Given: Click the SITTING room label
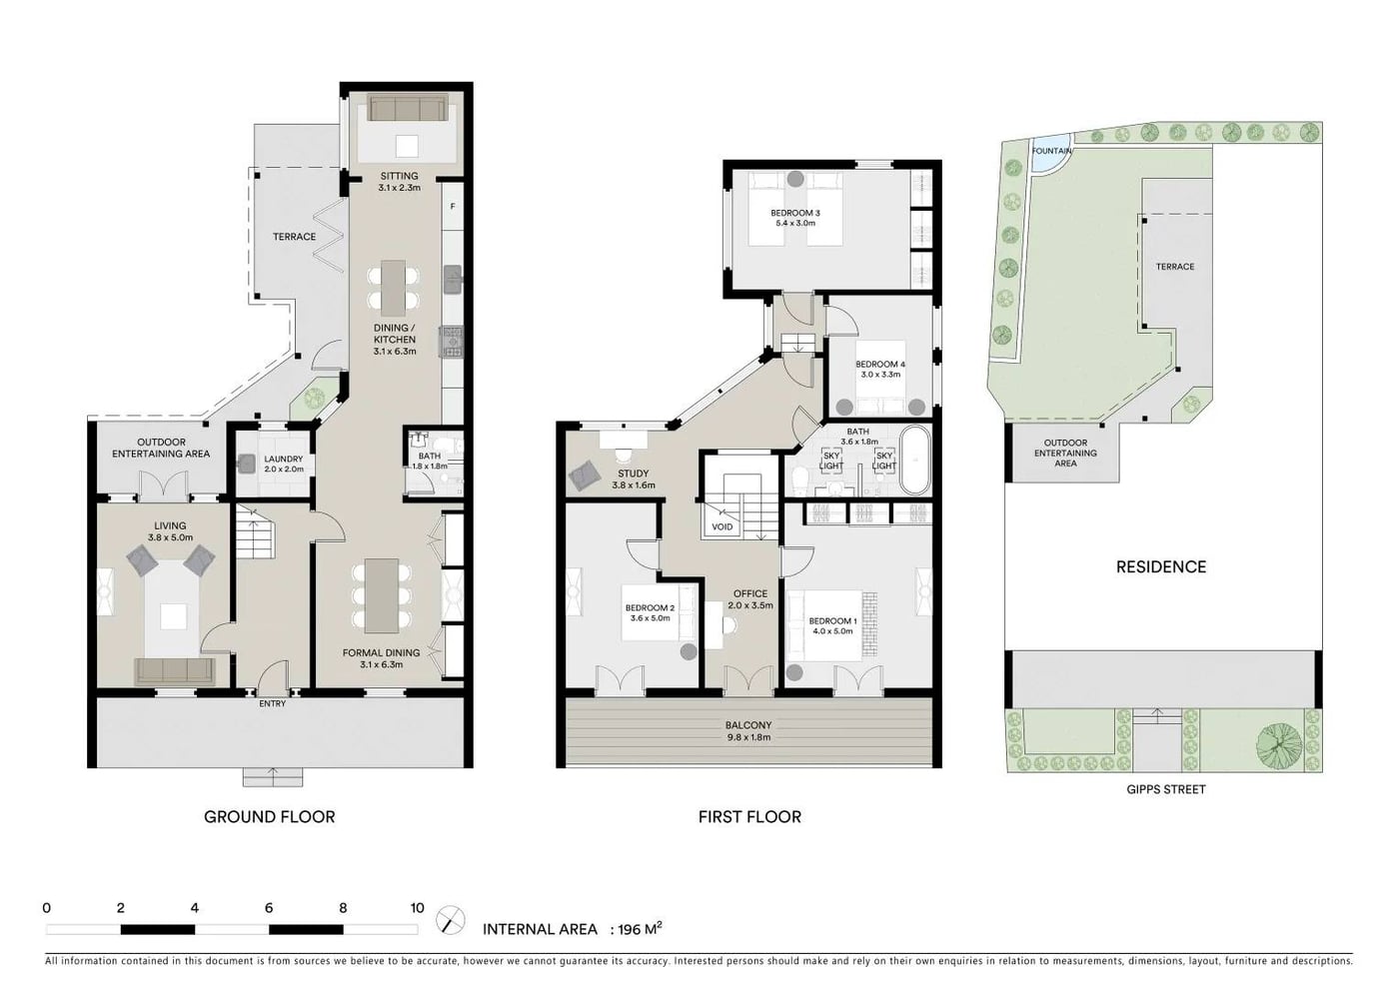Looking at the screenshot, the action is coord(399,176).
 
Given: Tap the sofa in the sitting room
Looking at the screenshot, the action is coord(408,108).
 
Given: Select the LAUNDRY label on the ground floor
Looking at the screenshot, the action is coord(284,459).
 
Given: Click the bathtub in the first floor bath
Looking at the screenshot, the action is coord(915,461).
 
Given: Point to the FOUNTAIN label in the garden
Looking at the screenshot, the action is coord(1051,151).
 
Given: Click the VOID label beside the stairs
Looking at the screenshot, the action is coord(721,527).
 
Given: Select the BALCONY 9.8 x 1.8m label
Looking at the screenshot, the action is coord(748,731).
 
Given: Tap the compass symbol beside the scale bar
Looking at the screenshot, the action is coord(451,920).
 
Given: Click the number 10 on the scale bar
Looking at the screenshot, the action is coord(418,908).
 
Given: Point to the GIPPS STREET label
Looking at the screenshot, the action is coord(1166,789).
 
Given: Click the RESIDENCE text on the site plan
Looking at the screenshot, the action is coord(1161,567).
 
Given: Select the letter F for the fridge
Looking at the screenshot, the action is coord(453,207).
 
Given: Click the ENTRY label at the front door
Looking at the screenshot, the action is coord(272,703).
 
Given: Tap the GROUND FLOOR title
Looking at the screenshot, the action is coord(269,817).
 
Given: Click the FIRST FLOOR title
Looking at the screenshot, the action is coord(749,817).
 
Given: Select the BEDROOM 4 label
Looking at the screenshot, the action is coord(880,364).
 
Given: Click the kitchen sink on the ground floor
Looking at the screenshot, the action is coord(453,279).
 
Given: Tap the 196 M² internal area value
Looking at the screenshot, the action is coord(640,928).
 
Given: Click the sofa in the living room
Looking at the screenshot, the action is coord(174,670).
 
